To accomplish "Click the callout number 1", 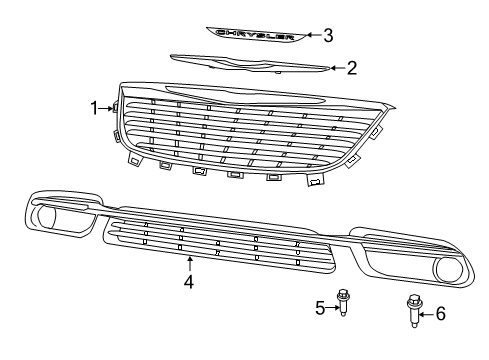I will tap(96, 106).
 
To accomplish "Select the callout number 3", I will tap(327, 35).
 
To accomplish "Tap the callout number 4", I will tap(188, 281).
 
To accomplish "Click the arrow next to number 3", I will tap(311, 35).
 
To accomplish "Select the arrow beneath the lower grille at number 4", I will tap(188, 263).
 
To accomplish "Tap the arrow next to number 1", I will tap(109, 107).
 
